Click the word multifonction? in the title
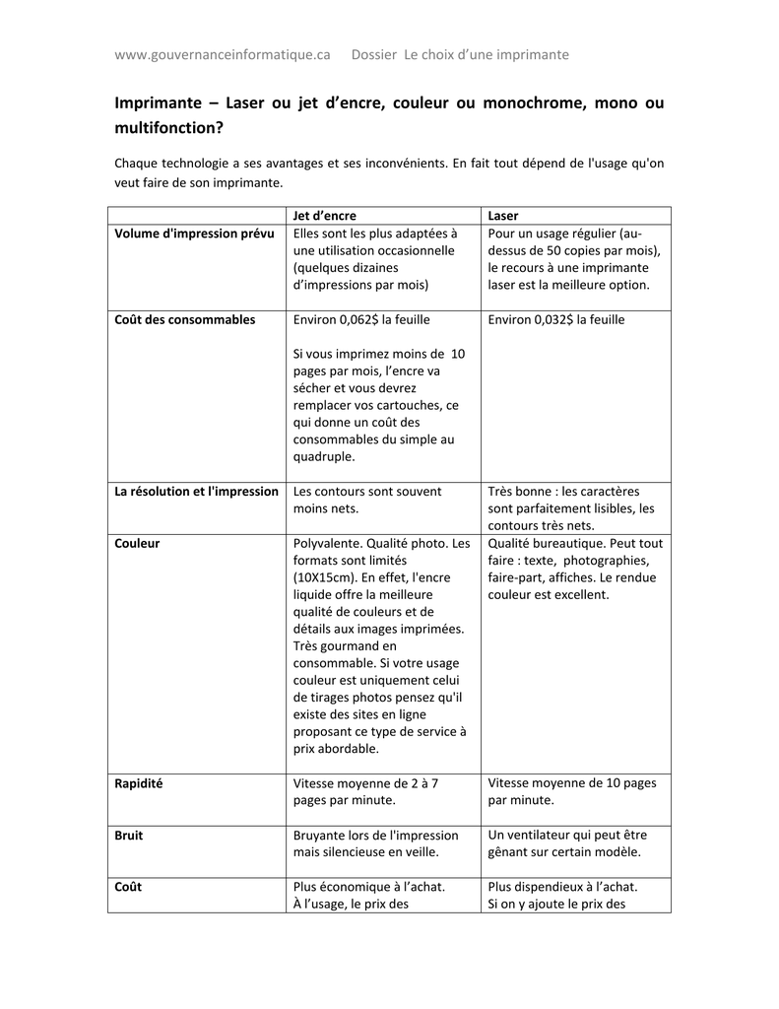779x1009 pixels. click(168, 128)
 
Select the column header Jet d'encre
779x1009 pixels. click(325, 216)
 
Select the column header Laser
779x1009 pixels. click(503, 216)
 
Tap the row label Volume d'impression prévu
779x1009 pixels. click(194, 234)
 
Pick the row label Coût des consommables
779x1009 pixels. click(185, 319)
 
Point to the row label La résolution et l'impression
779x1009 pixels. click(197, 491)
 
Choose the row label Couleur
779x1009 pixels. click(137, 543)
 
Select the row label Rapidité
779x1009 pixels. click(139, 783)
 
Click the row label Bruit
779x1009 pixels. click(129, 835)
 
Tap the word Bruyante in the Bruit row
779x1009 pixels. click(321, 835)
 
